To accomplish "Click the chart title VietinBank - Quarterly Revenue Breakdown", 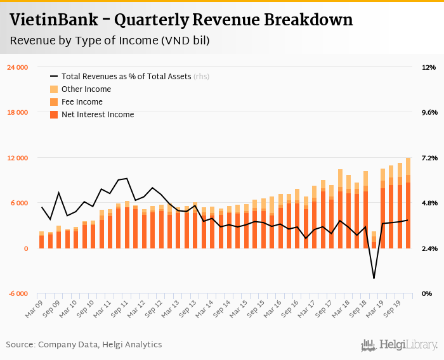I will click(181, 20).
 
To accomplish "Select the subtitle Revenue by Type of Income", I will click(110, 41).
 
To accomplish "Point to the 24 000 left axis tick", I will click(17, 67).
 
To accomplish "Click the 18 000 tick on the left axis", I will click(17, 113).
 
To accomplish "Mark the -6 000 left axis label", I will click(18, 294).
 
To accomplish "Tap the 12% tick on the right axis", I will click(428, 67).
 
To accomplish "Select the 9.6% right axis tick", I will click(429, 113).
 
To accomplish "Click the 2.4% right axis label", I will click(429, 248).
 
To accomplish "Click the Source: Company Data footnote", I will click(84, 345).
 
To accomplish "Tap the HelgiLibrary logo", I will click(400, 345).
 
